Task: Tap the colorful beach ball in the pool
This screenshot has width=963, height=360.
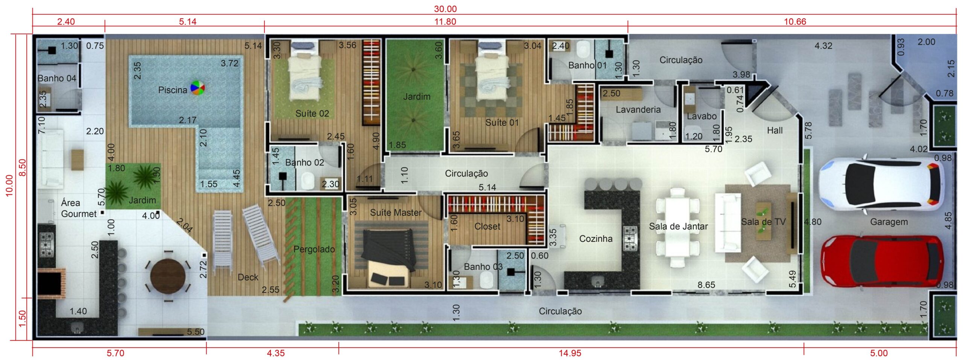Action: coord(197,88)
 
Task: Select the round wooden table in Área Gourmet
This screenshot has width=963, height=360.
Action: coord(168,276)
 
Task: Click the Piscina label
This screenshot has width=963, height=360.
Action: coord(173,90)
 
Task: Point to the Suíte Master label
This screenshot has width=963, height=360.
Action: coord(396,213)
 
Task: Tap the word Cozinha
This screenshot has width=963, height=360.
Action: coord(596,238)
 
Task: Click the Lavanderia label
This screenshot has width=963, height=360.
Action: coord(638,109)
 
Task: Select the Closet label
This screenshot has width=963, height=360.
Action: coord(488,226)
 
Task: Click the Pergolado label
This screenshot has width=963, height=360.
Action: coord(314,249)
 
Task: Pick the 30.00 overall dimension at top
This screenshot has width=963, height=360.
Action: coord(445,9)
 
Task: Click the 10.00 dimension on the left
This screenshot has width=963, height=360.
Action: coord(9,185)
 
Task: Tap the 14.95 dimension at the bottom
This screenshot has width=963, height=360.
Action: coord(570,353)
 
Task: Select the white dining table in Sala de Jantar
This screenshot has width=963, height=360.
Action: coord(677,228)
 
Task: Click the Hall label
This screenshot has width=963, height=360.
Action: coord(775,131)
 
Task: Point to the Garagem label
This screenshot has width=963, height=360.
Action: coord(889,222)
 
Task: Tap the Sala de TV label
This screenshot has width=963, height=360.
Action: coord(763,222)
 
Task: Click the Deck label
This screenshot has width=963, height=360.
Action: coord(248,277)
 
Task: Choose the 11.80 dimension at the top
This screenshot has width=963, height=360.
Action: coord(445,21)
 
